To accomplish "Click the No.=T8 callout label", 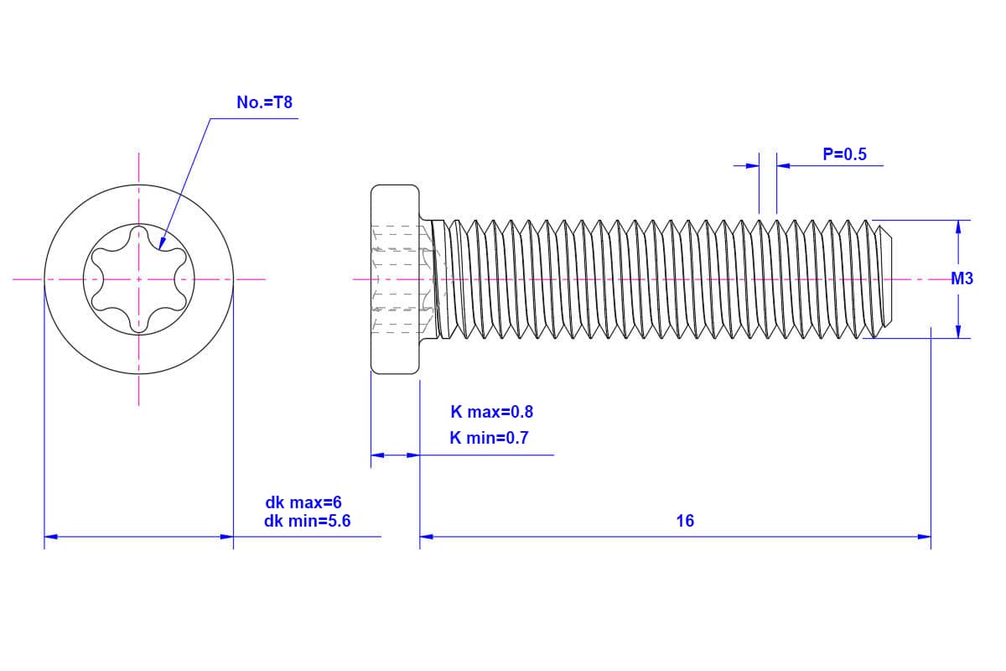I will pyautogui.click(x=264, y=103).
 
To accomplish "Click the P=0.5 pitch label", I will pyautogui.click(x=844, y=154).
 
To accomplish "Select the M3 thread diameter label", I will pyautogui.click(x=962, y=279).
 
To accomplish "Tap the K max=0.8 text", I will pyautogui.click(x=491, y=412).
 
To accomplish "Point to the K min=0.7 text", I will pyautogui.click(x=489, y=438).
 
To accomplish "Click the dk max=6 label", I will pyautogui.click(x=303, y=503).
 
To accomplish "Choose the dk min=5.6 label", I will pyautogui.click(x=307, y=521).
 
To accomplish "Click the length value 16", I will pyautogui.click(x=685, y=521).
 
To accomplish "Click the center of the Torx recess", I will pyautogui.click(x=139, y=279).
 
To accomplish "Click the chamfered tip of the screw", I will pyautogui.click(x=886, y=279).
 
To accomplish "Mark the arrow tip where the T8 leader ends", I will pyautogui.click(x=159, y=249).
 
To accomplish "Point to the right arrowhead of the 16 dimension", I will pyautogui.click(x=925, y=536).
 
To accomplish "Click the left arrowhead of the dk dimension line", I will pyautogui.click(x=50, y=536).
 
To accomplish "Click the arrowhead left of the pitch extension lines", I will pyautogui.click(x=753, y=165).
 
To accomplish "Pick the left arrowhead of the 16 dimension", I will pyautogui.click(x=426, y=536).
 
